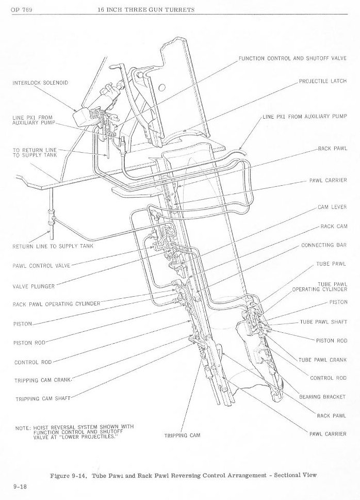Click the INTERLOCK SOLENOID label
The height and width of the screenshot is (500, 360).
pos(40,83)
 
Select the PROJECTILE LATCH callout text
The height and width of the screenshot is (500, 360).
pos(322,82)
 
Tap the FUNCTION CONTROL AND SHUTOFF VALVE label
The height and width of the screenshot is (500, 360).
pos(292,58)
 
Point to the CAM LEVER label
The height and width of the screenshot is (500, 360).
pos(332,207)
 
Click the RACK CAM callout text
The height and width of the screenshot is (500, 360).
pos(334,227)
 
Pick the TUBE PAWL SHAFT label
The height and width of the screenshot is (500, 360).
pos(323,322)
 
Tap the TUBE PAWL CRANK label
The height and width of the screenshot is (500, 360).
pos(322,360)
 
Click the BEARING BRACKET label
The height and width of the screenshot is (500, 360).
pos(322,397)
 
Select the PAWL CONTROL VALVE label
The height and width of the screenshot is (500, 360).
pos(41,266)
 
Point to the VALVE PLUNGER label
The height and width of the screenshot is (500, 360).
pos(34,285)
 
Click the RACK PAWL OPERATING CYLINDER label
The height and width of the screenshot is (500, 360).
pos(56,304)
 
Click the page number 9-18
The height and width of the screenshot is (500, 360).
pos(20,486)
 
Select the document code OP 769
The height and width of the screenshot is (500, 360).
pos(20,10)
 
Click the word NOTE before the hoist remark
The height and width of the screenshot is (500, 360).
pos(22,428)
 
